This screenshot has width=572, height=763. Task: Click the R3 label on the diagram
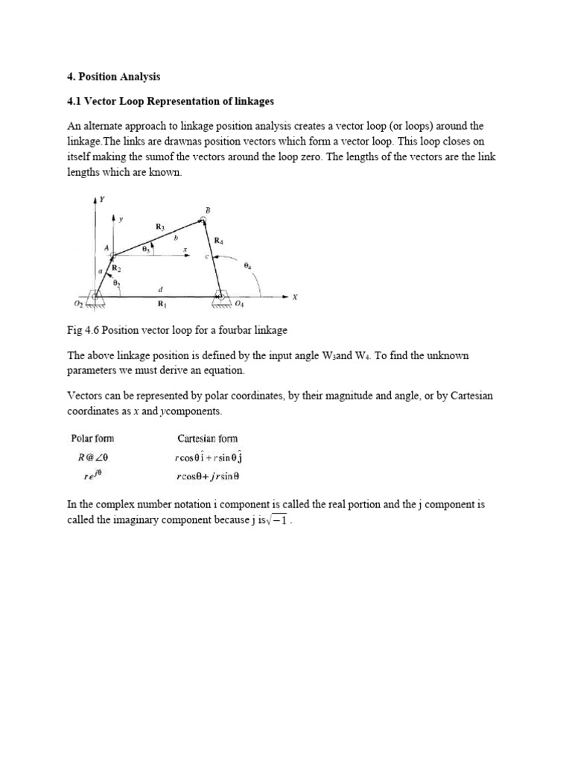pyautogui.click(x=159, y=226)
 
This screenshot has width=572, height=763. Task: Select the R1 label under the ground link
pyautogui.click(x=162, y=304)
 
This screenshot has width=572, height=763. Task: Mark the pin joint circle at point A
pyautogui.click(x=112, y=256)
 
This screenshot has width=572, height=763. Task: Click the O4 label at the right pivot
pyautogui.click(x=239, y=304)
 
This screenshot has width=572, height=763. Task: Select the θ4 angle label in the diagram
pyautogui.click(x=247, y=265)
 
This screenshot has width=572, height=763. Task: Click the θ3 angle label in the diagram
pyautogui.click(x=146, y=251)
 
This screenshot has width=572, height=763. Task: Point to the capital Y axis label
pyautogui.click(x=101, y=199)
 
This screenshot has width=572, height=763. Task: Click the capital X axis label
pyautogui.click(x=294, y=297)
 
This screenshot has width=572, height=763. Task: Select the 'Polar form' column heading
pyautogui.click(x=92, y=438)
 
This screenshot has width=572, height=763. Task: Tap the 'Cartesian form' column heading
pyautogui.click(x=208, y=438)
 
